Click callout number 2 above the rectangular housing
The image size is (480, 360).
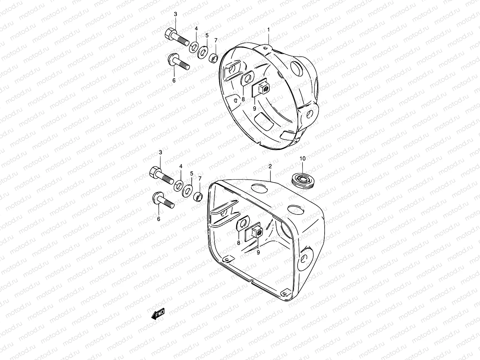[270, 166]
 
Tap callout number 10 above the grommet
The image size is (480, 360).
[302, 158]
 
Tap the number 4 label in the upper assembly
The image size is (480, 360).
[196, 28]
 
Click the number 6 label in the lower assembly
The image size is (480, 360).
[158, 219]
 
